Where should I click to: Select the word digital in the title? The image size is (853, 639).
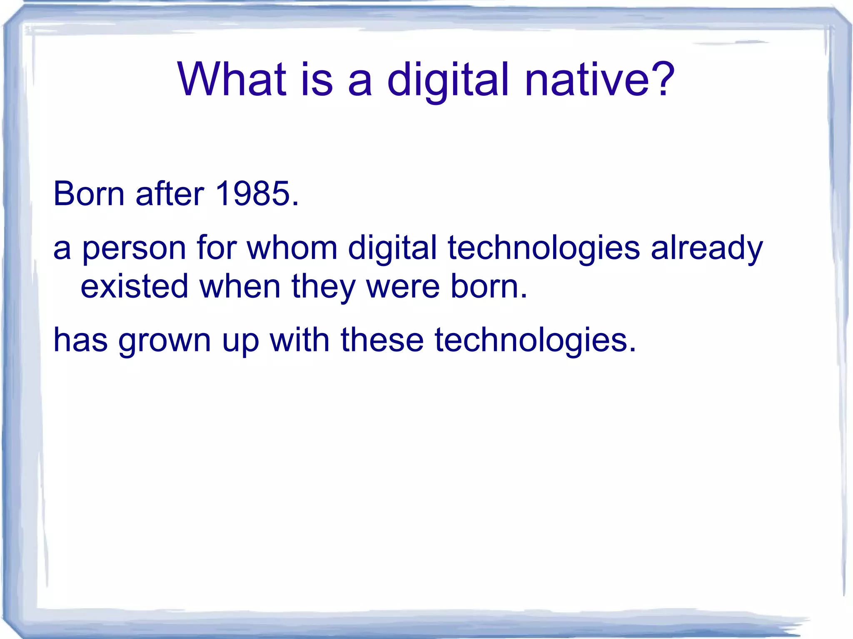click(448, 81)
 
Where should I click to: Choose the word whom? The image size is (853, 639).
click(292, 248)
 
